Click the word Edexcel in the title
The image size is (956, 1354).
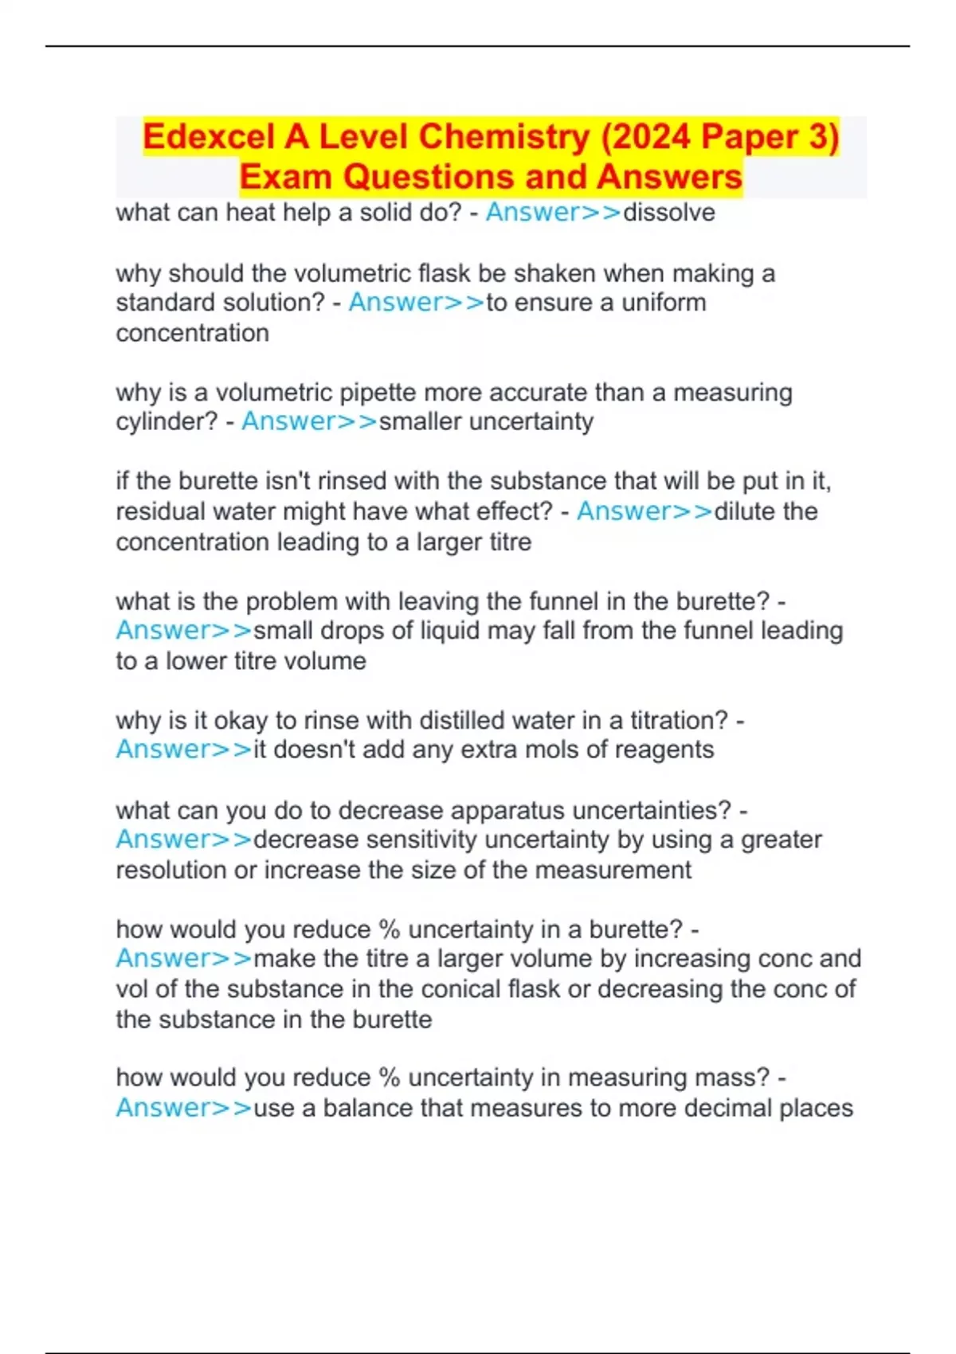pyautogui.click(x=209, y=137)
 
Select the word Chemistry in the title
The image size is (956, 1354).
pyautogui.click(x=503, y=137)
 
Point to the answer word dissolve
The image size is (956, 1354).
pyautogui.click(x=669, y=213)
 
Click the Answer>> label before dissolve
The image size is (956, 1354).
pyautogui.click(x=554, y=213)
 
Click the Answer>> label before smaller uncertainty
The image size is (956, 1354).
pyautogui.click(x=309, y=421)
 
